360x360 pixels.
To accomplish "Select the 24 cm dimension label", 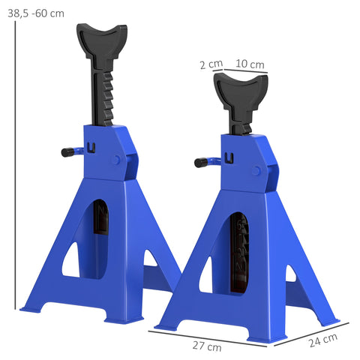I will (322, 341).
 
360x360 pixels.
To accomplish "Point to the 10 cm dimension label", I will (250, 64).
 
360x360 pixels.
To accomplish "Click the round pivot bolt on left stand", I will (116, 160).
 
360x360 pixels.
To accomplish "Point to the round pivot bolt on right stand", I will (256, 171).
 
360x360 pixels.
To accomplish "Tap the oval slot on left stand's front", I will (102, 225).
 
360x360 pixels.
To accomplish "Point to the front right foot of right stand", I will (267, 335).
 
